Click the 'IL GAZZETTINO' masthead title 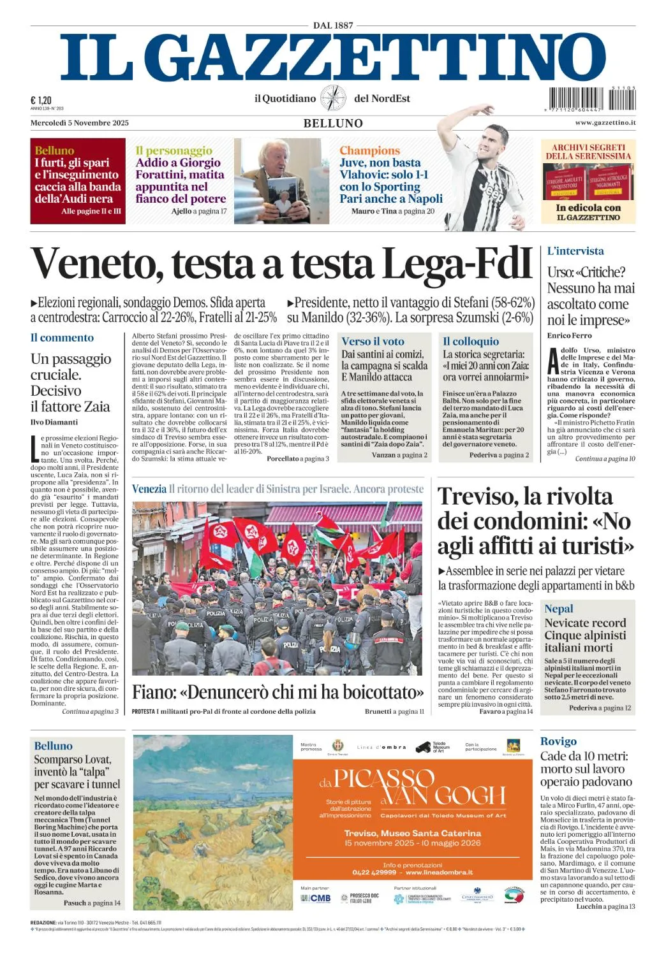click(332, 58)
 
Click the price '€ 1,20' click(41, 100)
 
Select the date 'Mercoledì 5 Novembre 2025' click(80, 123)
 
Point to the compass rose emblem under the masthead click(332, 98)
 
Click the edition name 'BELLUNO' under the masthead click(333, 124)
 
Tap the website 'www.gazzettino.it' click(605, 122)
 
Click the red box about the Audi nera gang click(78, 181)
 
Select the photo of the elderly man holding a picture click(281, 181)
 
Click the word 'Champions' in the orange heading click(369, 150)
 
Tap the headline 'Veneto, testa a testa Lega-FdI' click(281, 263)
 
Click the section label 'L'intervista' click(575, 251)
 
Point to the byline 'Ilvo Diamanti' click(54, 422)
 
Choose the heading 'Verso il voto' click(373, 342)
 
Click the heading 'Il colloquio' click(471, 342)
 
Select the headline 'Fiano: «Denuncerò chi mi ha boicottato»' click(277, 692)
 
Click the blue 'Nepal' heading click(558, 608)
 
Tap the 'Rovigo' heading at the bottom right click(558, 741)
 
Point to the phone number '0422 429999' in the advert click(374, 873)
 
